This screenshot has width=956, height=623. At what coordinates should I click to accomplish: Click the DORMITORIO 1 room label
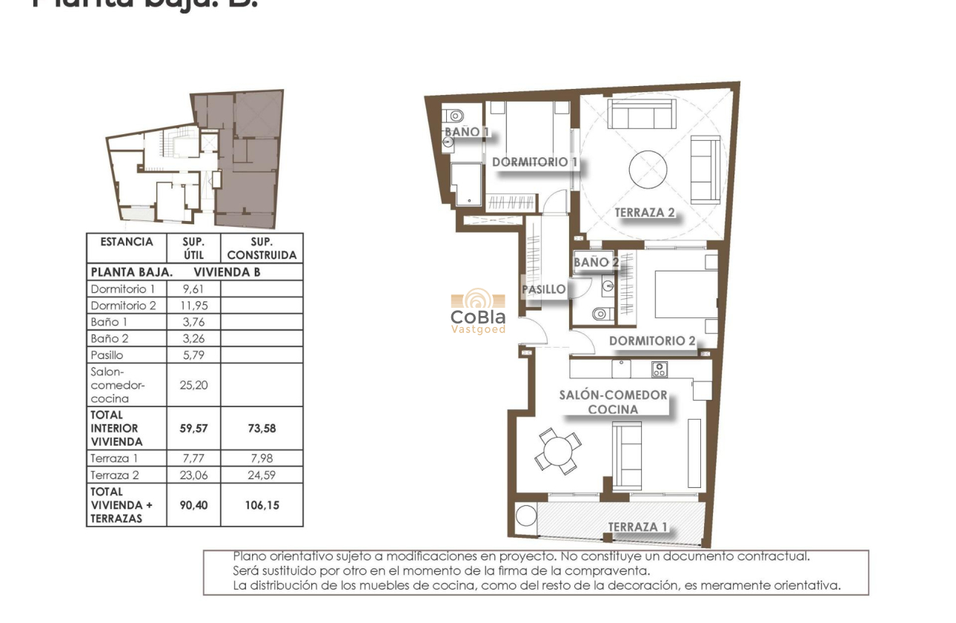click(x=534, y=162)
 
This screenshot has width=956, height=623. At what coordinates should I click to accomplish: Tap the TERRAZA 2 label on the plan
click(x=645, y=213)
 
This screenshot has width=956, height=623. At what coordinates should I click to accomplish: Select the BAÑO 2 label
click(x=595, y=262)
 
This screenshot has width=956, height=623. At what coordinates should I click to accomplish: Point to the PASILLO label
click(x=544, y=289)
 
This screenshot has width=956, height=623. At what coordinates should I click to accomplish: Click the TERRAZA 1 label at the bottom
click(x=637, y=527)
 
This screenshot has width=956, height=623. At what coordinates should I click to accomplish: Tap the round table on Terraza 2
click(x=648, y=170)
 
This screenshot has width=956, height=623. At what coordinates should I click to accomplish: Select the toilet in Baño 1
click(x=454, y=115)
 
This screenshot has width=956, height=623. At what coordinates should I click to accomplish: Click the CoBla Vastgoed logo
click(x=478, y=311)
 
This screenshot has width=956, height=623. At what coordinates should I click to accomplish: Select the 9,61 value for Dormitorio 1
click(x=193, y=289)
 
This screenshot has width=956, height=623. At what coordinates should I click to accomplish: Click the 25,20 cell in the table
click(x=193, y=385)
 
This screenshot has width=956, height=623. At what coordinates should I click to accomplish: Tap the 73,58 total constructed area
click(x=262, y=428)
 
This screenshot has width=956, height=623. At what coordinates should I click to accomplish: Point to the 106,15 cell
click(x=262, y=504)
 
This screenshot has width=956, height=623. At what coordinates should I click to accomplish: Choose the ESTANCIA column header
click(x=126, y=242)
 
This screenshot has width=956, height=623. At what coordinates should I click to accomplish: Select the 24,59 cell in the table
click(x=262, y=475)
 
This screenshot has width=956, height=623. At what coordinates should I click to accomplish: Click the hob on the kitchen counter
click(x=658, y=369)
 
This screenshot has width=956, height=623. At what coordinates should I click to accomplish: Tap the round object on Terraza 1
click(x=526, y=515)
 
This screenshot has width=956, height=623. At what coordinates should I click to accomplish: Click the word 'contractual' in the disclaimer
click(x=777, y=556)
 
